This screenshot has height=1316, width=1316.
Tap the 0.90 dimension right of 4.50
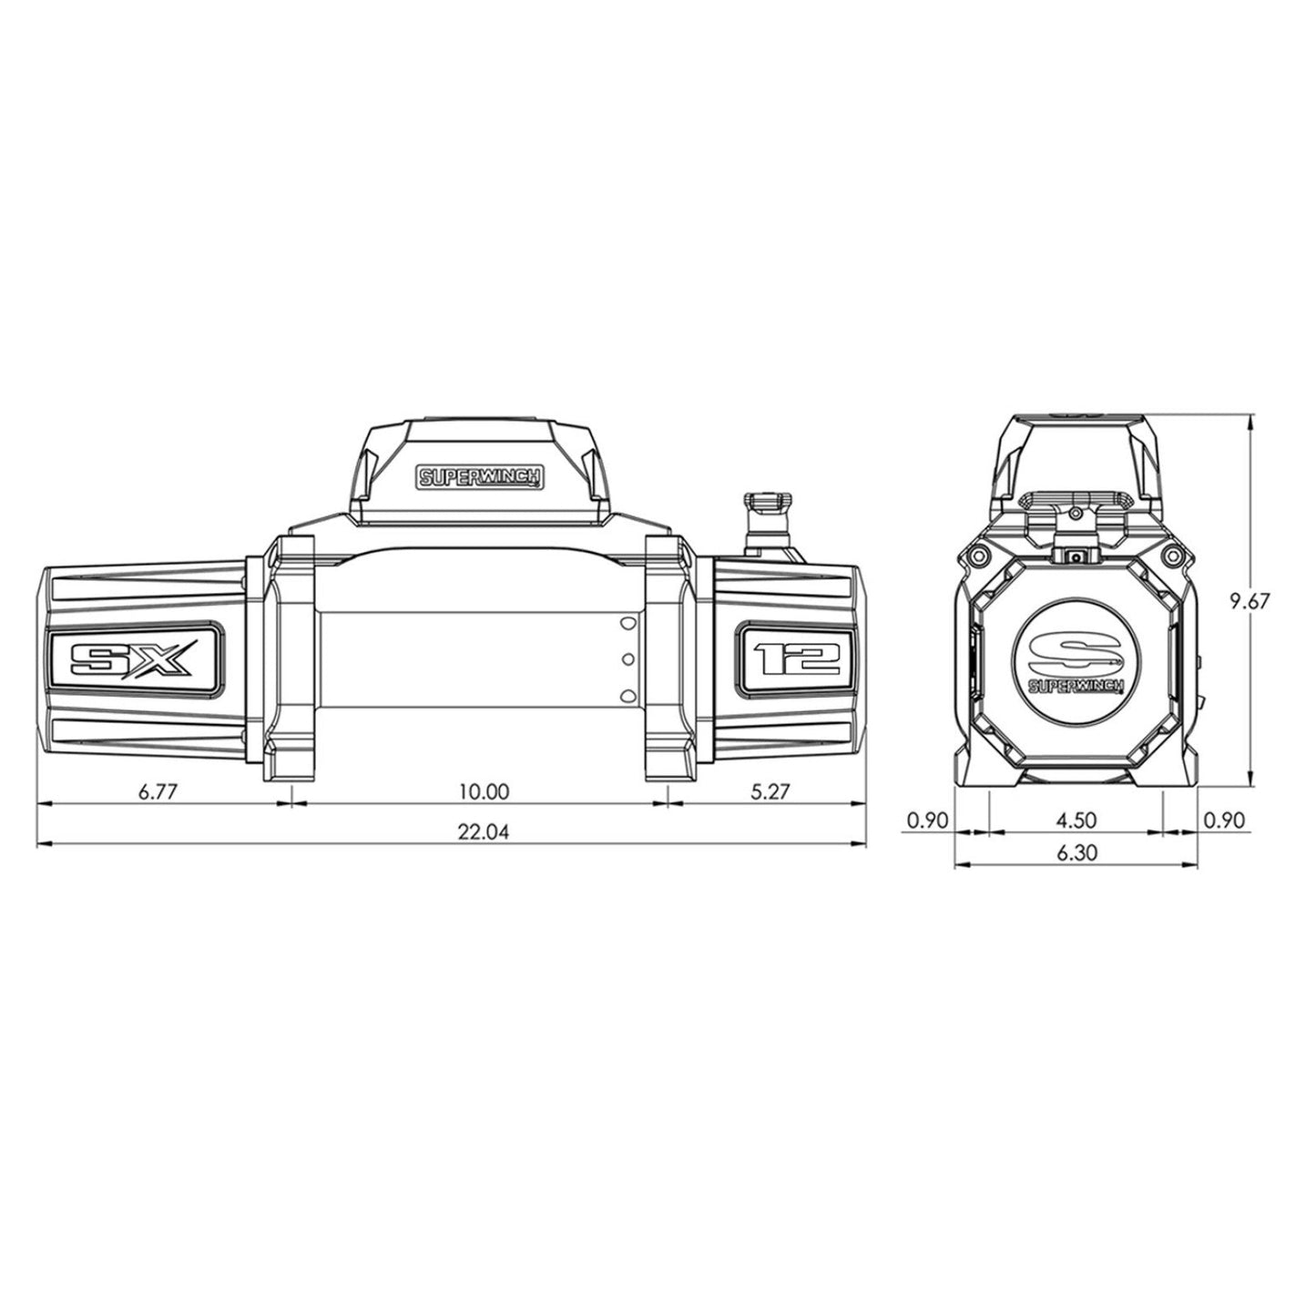[1223, 820]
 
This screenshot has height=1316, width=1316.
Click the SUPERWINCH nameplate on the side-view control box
[479, 475]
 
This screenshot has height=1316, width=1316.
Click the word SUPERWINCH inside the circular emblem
[1076, 685]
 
